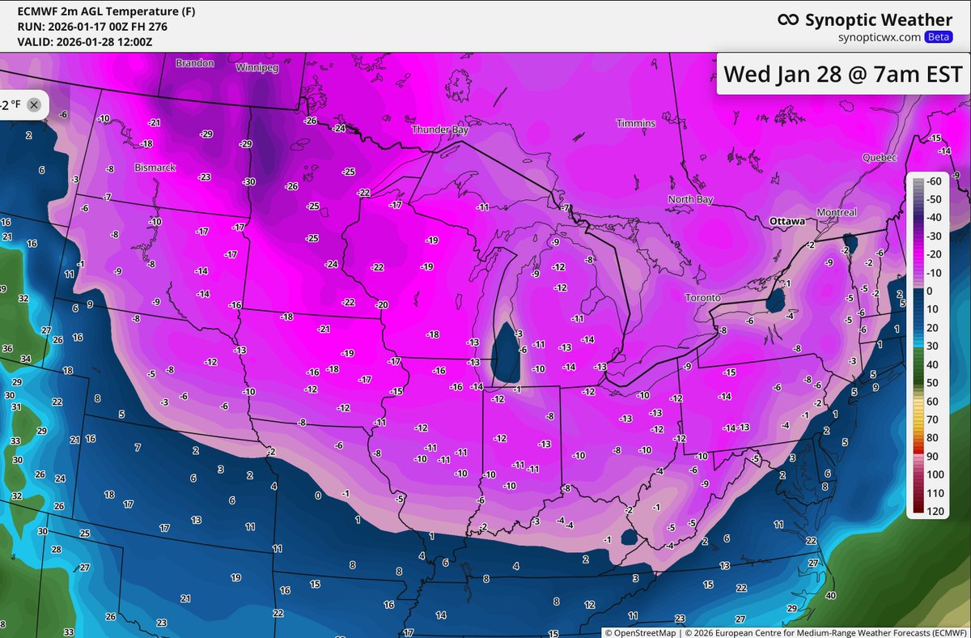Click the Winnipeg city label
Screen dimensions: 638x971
point(257,68)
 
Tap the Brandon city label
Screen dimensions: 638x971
point(195,62)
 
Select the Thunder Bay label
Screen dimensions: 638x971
point(439,130)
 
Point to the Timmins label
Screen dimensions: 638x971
point(636,123)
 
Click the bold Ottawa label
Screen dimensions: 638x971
point(787,221)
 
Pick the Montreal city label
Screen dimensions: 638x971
point(837,212)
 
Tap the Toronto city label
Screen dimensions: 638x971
point(702,298)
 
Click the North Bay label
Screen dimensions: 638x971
point(690,199)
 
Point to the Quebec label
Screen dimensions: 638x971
point(880,157)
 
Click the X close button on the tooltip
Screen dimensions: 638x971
point(33,104)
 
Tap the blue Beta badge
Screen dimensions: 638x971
point(939,37)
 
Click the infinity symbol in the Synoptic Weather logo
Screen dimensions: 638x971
point(788,20)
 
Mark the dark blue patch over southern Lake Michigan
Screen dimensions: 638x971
point(507,354)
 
